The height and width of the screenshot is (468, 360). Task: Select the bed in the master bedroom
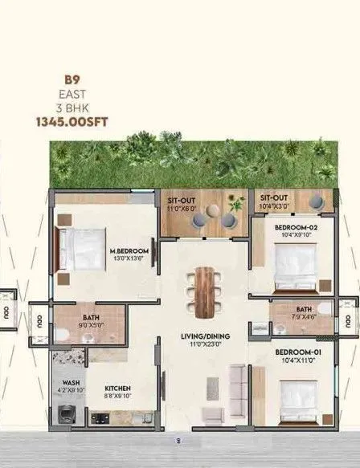pos(80,247)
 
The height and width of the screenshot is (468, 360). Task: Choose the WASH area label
pos(67,383)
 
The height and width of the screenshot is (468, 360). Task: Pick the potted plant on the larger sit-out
pos(235,203)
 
